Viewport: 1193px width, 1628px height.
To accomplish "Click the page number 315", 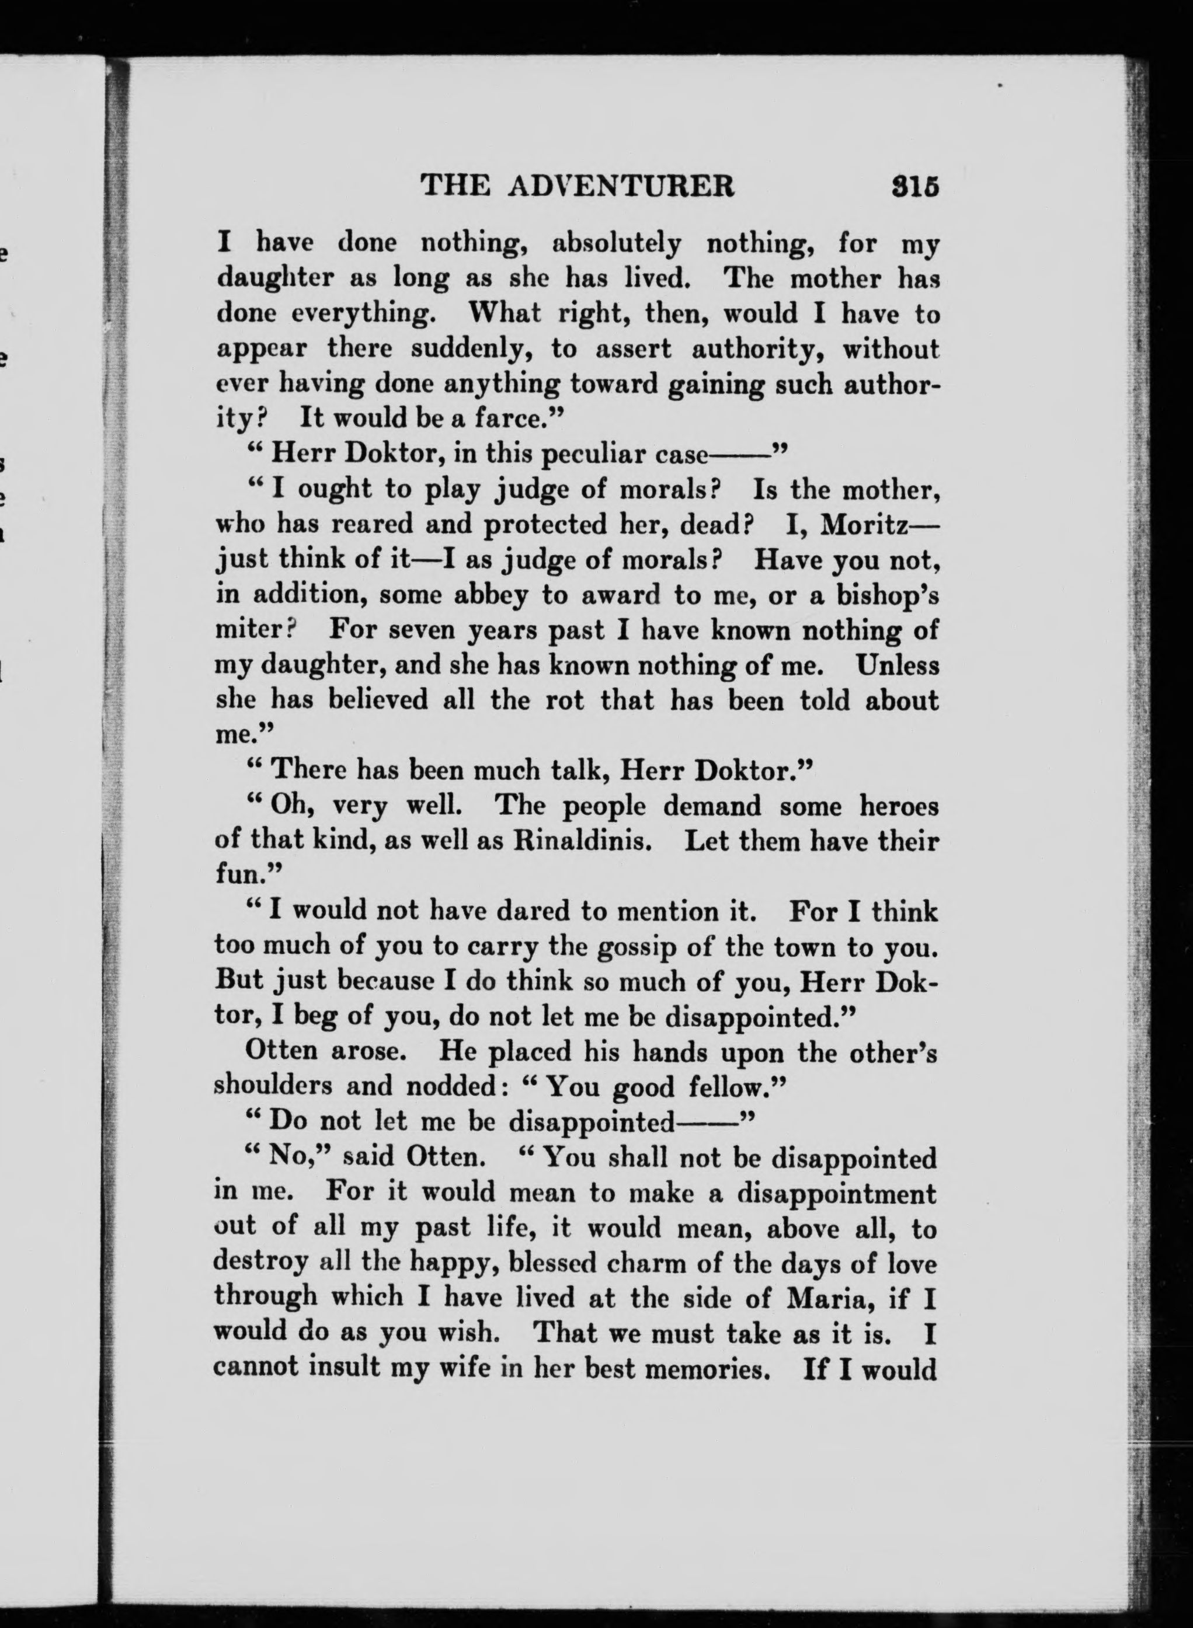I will (x=915, y=186).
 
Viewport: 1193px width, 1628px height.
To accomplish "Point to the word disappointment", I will (x=836, y=1193).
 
